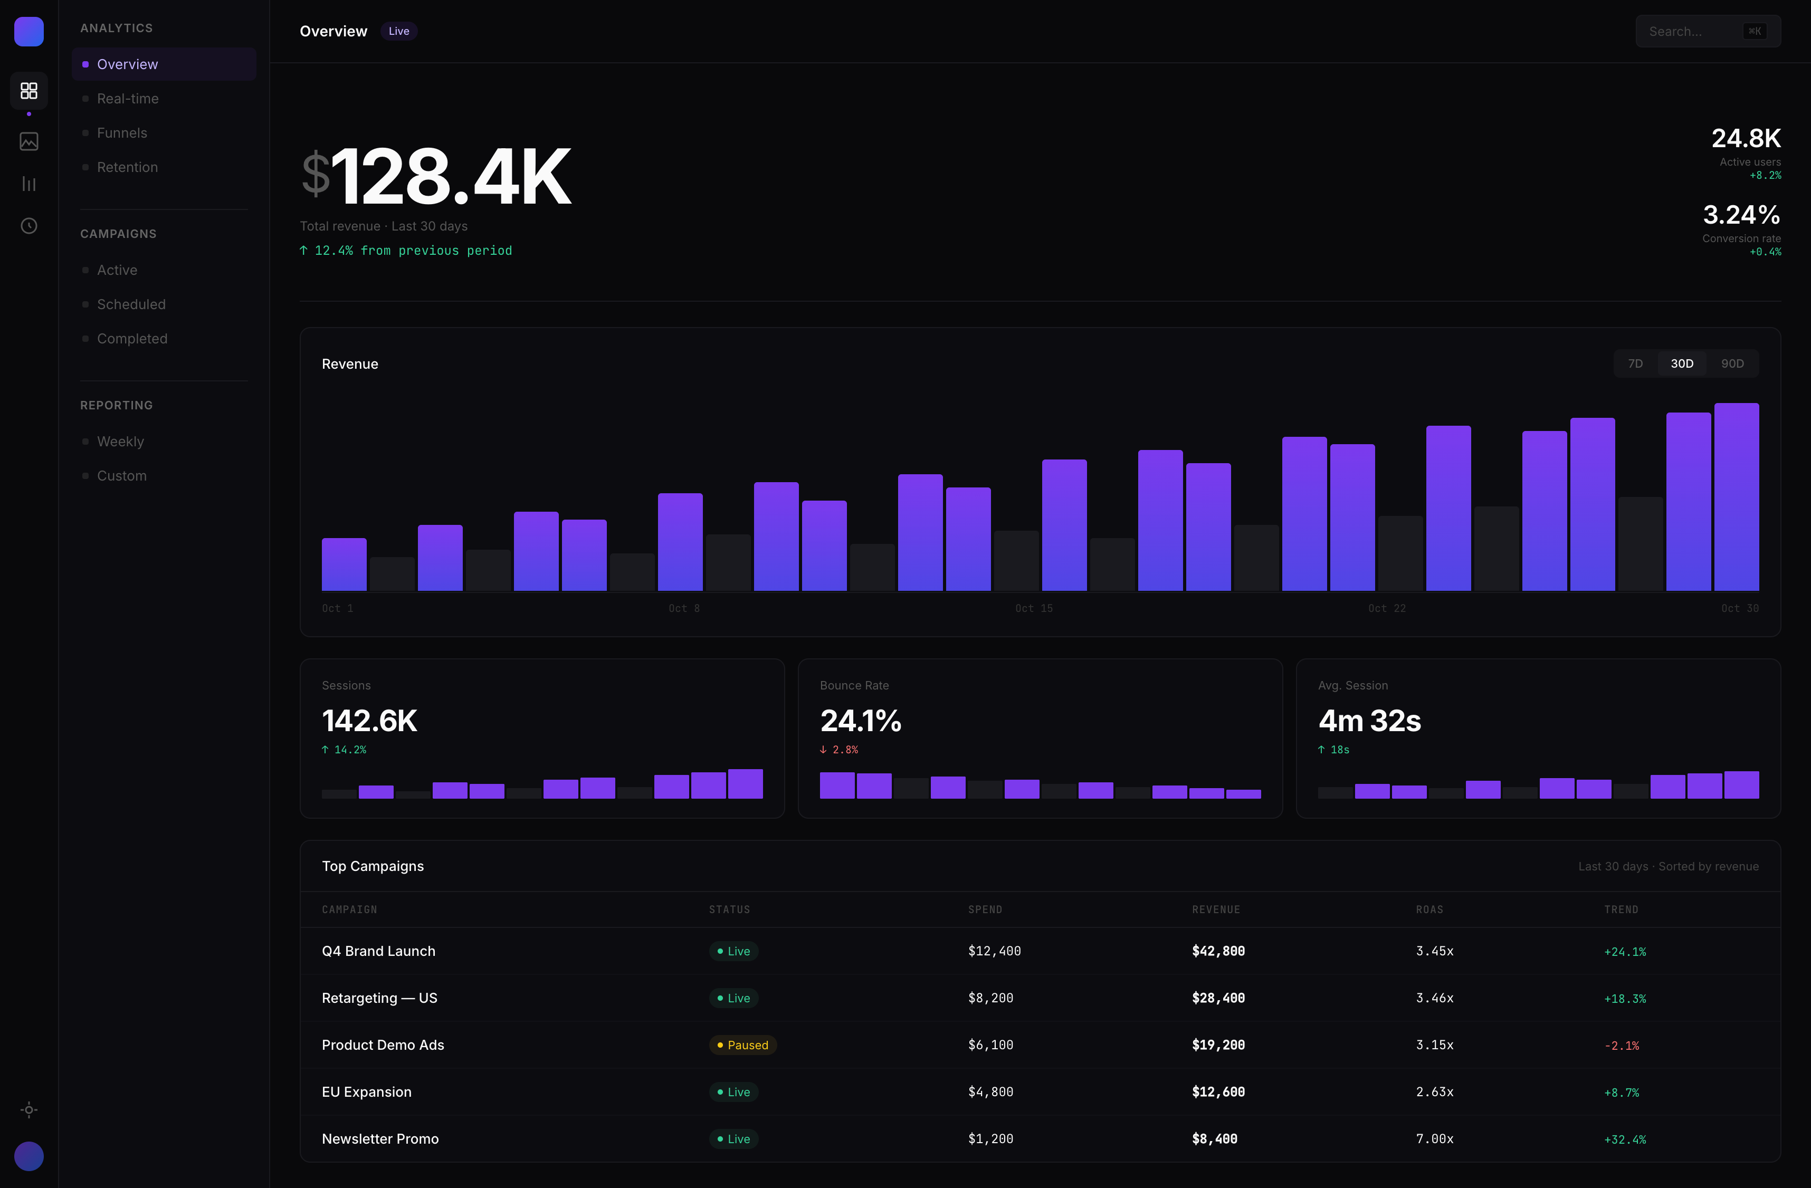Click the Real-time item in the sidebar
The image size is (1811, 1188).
pyautogui.click(x=128, y=99)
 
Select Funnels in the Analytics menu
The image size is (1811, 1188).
pyautogui.click(x=122, y=133)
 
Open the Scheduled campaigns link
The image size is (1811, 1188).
pyautogui.click(x=131, y=304)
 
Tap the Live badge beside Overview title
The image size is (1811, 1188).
pyautogui.click(x=399, y=31)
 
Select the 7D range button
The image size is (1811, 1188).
pyautogui.click(x=1635, y=363)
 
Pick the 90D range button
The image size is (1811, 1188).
pyautogui.click(x=1732, y=363)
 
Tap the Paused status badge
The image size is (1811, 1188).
pyautogui.click(x=742, y=1045)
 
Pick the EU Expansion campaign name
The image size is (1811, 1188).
pyautogui.click(x=366, y=1092)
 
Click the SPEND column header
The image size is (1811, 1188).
pyautogui.click(x=985, y=909)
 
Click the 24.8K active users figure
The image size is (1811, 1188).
pyautogui.click(x=1746, y=138)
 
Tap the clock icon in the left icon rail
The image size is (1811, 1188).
pyautogui.click(x=29, y=226)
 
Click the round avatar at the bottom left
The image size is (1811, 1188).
pyautogui.click(x=29, y=1156)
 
